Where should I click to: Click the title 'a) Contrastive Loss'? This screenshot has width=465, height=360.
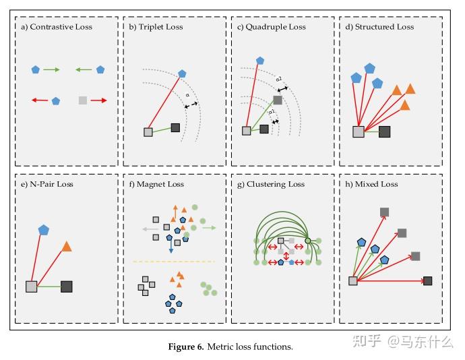57,27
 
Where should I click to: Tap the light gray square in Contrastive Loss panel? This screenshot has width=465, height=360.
82,100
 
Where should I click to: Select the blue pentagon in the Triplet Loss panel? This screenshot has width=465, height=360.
182,73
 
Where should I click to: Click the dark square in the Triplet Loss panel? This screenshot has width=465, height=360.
175,127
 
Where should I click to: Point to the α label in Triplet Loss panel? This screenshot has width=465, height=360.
187,95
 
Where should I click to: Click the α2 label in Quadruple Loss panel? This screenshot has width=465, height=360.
278,80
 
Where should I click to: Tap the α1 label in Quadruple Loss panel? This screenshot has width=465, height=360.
271,112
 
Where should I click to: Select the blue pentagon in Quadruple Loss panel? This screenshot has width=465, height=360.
260,61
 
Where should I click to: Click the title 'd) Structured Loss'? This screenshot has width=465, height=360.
379,27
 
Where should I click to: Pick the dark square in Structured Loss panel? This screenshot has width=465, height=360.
384,131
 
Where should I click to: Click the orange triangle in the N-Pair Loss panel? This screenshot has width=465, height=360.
67,247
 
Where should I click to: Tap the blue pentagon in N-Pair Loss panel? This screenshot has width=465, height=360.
44,230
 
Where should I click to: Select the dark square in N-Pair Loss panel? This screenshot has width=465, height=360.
66,287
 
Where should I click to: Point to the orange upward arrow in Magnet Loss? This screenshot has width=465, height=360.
175,209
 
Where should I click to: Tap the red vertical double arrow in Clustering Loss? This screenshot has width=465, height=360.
286,256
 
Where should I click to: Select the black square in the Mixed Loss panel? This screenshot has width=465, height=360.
427,280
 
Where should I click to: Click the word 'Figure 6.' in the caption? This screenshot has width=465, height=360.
185,347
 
